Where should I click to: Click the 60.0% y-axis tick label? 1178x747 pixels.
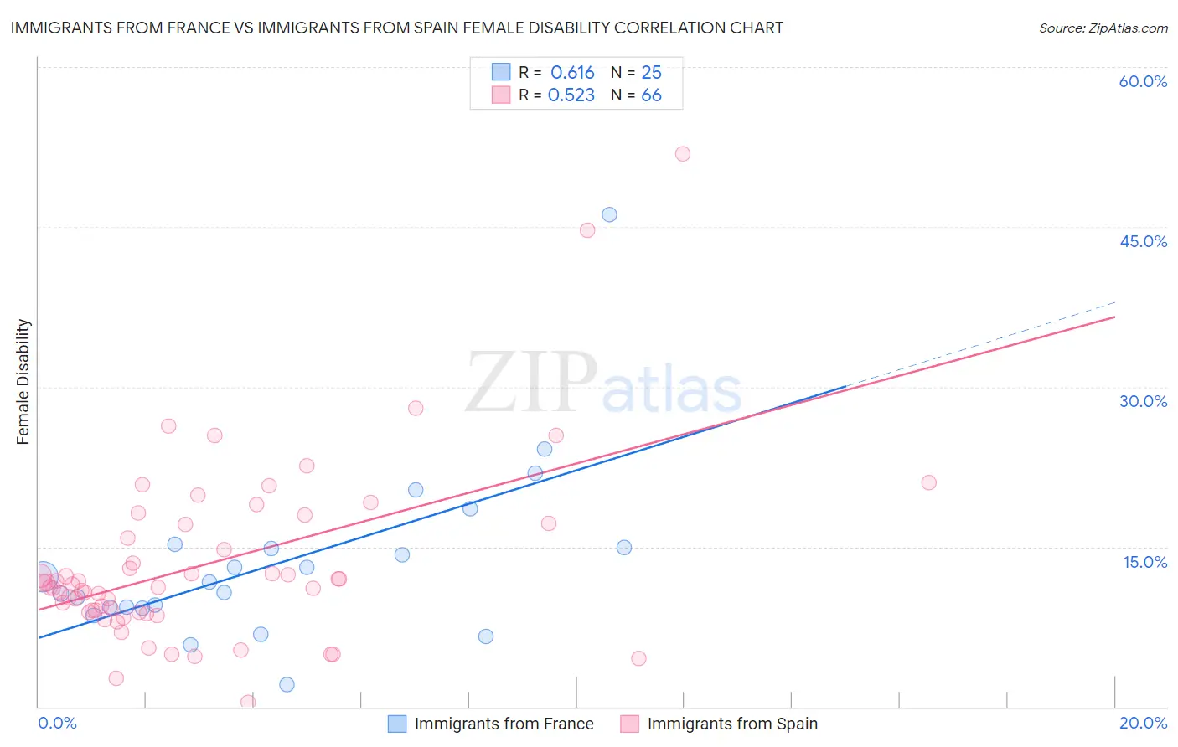pos(1143,82)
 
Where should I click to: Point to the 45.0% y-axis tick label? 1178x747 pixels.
pos(1143,241)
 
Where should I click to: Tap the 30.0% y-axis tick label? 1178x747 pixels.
pos(1143,401)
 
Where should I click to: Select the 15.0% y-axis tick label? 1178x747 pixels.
pos(1144,562)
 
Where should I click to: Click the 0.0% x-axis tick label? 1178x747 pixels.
pos(57,723)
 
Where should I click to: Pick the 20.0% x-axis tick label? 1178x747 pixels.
pos(1143,723)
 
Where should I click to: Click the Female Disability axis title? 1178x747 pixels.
pos(23,381)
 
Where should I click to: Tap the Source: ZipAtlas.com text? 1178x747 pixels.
pos(1103,28)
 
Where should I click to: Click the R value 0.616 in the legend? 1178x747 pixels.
pos(572,73)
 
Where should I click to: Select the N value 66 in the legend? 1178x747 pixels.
pos(651,95)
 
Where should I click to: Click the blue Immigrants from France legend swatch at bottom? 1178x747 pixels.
pos(397,724)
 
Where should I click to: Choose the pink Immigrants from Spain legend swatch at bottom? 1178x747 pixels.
pos(629,724)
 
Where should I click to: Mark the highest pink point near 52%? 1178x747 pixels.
pos(683,154)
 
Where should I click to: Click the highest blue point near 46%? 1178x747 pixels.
pos(609,214)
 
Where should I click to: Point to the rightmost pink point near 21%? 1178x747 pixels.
pos(928,482)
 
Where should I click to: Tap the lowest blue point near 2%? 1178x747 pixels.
pos(287,684)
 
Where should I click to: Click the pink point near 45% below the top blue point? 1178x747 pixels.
pos(587,230)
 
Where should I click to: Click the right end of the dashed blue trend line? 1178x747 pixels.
pos(1115,301)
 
